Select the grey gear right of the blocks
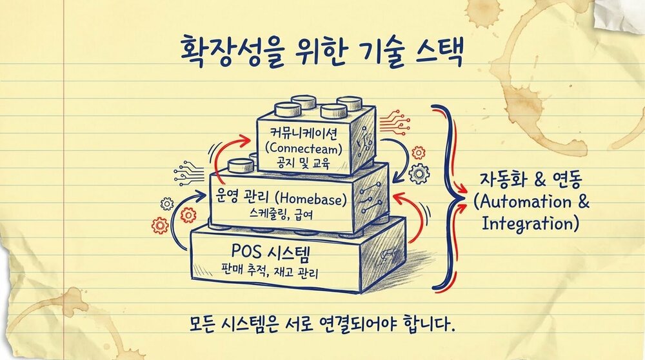coord(420,172)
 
